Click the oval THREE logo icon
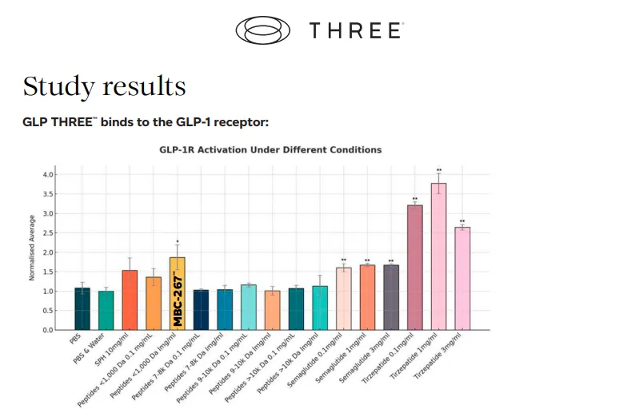(x=264, y=30)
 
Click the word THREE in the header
(x=355, y=31)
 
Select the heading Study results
(x=105, y=86)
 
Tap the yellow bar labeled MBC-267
(x=177, y=294)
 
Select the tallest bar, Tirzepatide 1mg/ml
(x=438, y=256)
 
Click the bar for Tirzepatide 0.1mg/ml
(x=414, y=267)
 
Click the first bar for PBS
(x=82, y=308)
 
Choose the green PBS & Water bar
(x=106, y=310)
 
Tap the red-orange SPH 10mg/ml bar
(x=130, y=300)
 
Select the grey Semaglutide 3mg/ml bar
(x=391, y=297)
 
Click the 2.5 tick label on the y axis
(x=48, y=232)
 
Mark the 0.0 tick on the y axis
(x=48, y=330)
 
